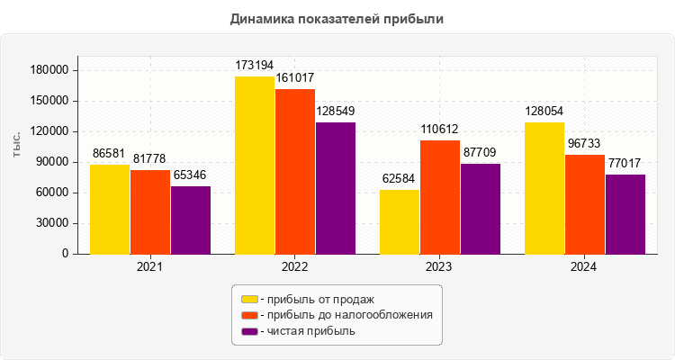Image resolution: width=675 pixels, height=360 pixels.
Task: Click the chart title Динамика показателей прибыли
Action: coord(337,18)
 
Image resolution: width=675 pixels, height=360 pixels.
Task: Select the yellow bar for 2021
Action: coord(110,209)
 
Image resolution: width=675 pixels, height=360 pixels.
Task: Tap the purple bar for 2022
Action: coord(335,188)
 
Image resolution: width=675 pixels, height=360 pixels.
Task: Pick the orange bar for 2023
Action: coord(440,197)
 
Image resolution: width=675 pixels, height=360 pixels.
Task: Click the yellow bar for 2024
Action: coord(544,188)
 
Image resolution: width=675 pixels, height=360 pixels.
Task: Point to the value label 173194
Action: coord(255,67)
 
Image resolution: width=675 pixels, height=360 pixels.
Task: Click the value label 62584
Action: coord(400,180)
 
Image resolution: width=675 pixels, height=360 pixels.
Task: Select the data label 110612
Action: coord(440,130)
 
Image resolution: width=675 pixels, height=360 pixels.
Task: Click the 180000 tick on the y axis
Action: coord(49,70)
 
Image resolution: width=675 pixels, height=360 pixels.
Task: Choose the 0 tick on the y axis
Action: coord(66,254)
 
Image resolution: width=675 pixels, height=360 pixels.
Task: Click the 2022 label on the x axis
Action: coord(295,267)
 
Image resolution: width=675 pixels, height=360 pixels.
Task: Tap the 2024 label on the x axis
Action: coord(584,267)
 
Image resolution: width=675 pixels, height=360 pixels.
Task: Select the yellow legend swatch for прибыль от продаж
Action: coord(249,299)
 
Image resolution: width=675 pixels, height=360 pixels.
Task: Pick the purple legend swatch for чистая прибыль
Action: coord(249,331)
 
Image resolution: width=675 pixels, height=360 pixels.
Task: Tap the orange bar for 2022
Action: coord(295,171)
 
